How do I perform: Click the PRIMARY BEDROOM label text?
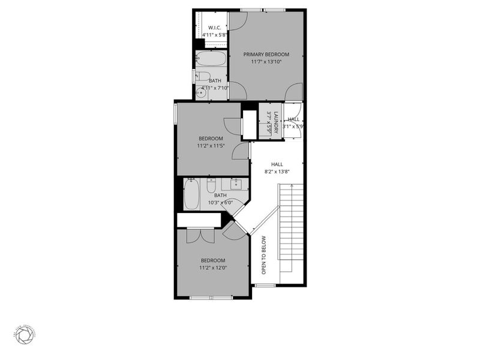pyautogui.click(x=266, y=54)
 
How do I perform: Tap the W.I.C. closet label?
pyautogui.click(x=214, y=28)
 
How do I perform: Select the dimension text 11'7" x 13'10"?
pyautogui.click(x=266, y=62)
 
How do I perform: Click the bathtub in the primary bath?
pyautogui.click(x=211, y=58)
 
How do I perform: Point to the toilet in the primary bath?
pyautogui.click(x=203, y=76)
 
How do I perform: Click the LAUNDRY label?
pyautogui.click(x=276, y=122)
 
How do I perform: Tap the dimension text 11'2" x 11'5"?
pyautogui.click(x=211, y=146)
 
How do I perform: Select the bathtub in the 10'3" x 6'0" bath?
pyautogui.click(x=191, y=195)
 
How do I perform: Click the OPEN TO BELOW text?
pyautogui.click(x=263, y=255)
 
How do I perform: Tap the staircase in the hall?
pyautogui.click(x=290, y=228)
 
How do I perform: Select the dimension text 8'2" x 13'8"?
pyautogui.click(x=277, y=172)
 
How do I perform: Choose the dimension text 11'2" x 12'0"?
pyautogui.click(x=212, y=268)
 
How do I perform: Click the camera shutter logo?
pyautogui.click(x=25, y=337)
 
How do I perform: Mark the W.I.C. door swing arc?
pyautogui.click(x=237, y=22)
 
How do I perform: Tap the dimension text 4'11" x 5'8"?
pyautogui.click(x=214, y=35)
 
